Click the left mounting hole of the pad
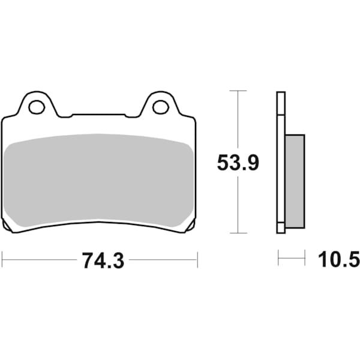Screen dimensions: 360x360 [37, 107]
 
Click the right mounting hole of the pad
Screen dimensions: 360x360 [160, 107]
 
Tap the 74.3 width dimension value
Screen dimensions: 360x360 [100, 260]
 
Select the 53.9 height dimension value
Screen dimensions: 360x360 [238, 163]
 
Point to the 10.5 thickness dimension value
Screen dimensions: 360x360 [338, 260]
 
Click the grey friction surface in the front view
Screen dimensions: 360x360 [99, 180]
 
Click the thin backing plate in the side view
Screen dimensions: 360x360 [280, 162]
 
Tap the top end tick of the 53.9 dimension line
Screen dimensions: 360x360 [238, 91]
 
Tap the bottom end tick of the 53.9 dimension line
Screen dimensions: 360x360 [238, 233]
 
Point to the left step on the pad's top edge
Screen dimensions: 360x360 [72, 115]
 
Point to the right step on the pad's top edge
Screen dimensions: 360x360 [127, 115]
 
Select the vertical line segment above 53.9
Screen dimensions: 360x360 [238, 120]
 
